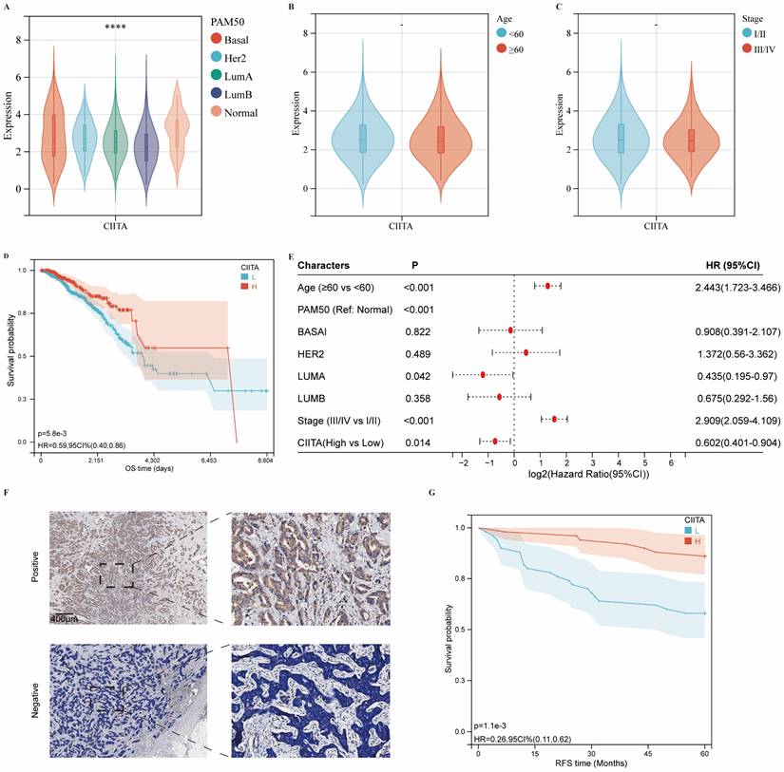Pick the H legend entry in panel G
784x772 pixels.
coord(694,542)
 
